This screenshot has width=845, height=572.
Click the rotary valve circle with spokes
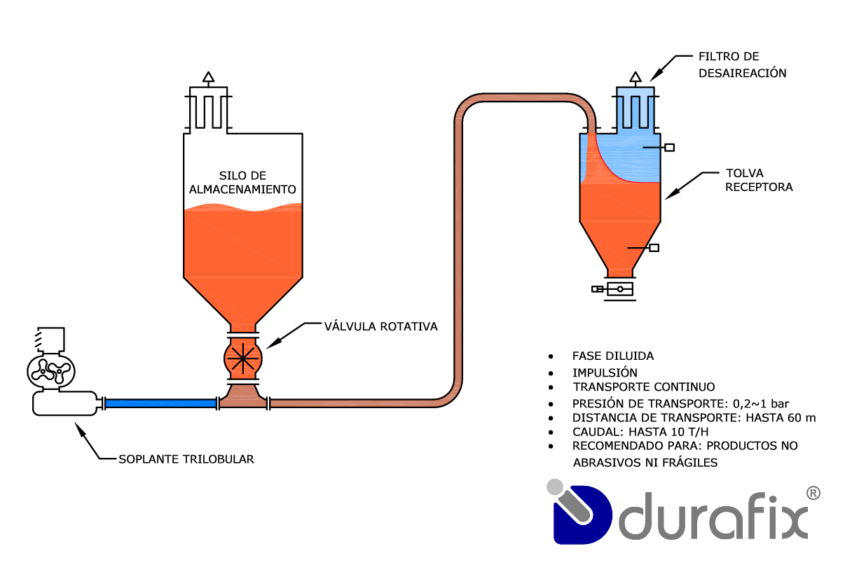coord(243,358)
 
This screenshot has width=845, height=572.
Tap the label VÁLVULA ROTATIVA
coord(380,326)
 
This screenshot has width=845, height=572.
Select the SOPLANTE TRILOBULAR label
coord(186,459)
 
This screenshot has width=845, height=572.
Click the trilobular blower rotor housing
coord(48,369)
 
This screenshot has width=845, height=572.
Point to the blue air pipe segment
coord(160,403)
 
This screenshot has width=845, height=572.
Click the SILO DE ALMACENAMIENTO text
coord(242,182)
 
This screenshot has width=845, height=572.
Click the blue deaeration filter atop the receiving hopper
coord(635,108)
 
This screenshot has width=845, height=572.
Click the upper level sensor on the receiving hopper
coord(669,147)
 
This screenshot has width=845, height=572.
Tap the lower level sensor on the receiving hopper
coord(654,247)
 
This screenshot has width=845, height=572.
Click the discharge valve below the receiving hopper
coord(619,288)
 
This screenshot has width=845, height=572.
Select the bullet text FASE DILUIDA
coord(612,356)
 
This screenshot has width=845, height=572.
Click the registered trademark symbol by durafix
coord(813,493)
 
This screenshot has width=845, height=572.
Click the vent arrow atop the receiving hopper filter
coord(635,76)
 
